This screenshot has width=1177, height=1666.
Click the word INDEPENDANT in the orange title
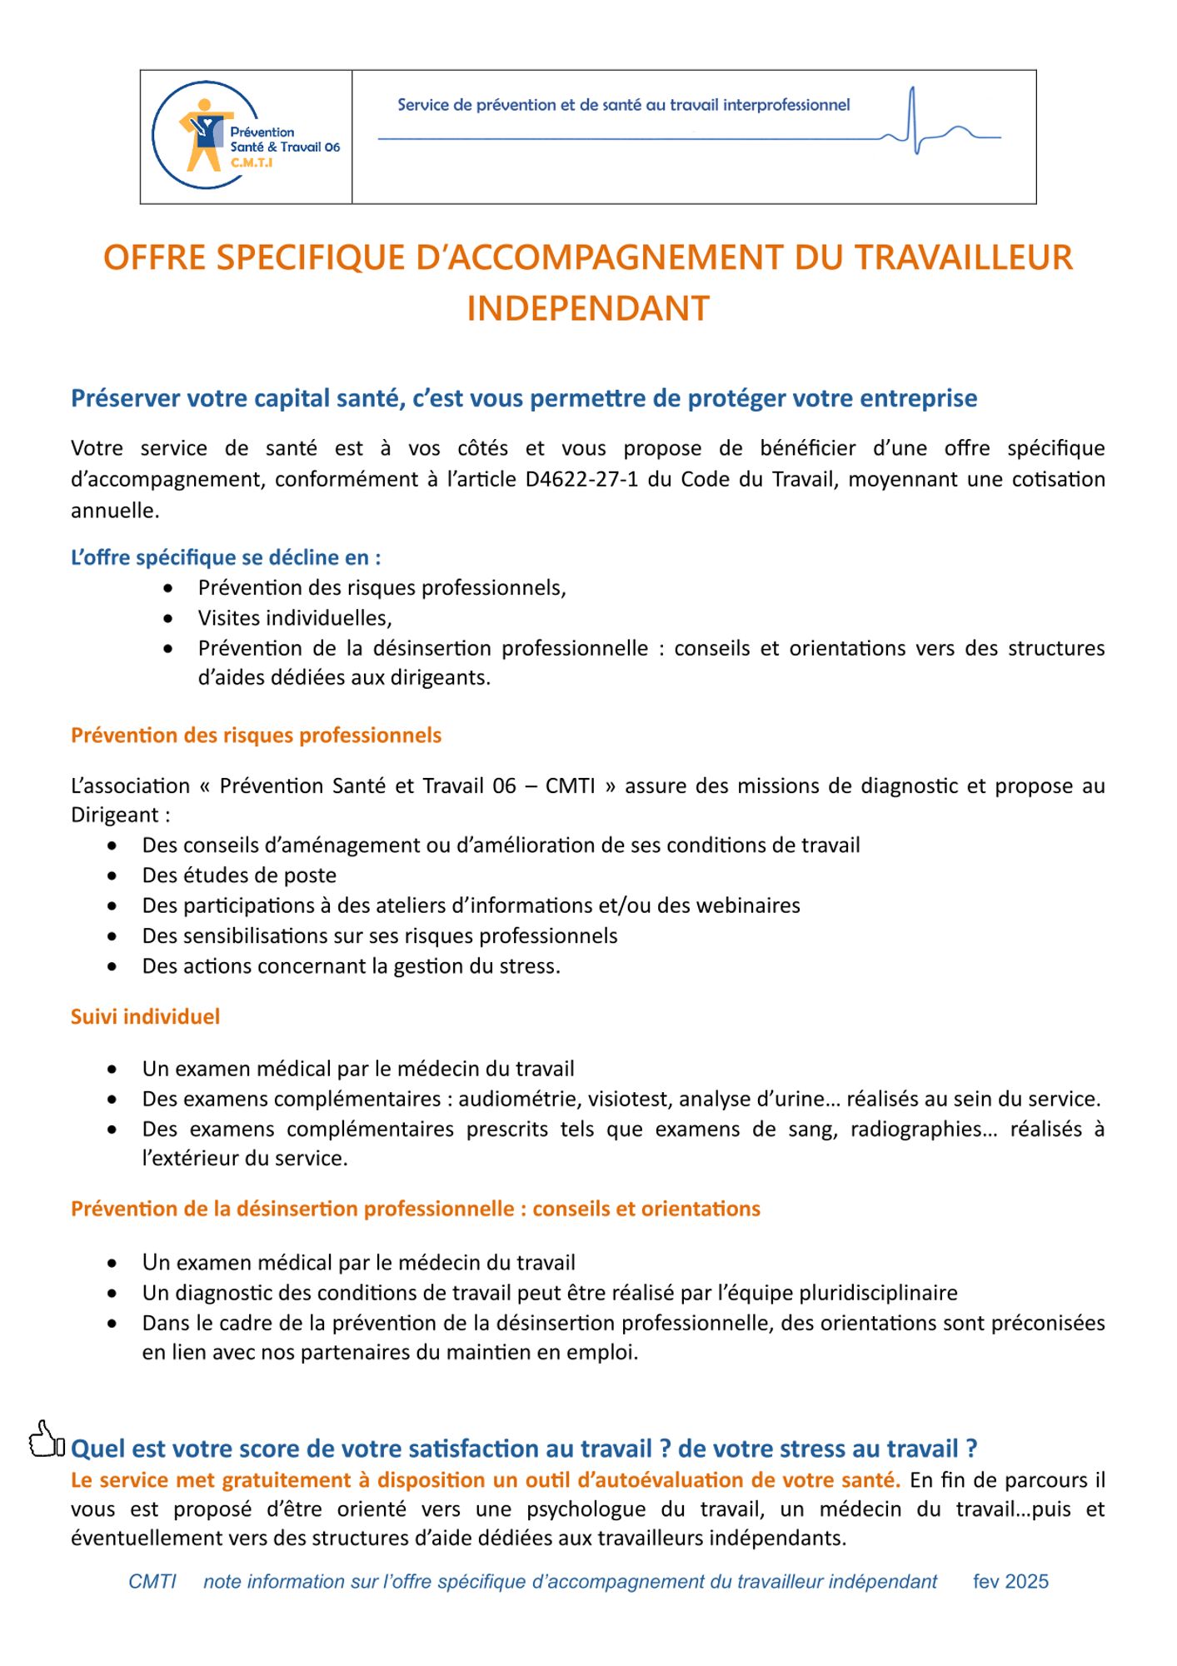pos(587,309)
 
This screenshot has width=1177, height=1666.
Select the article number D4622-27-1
pos(581,480)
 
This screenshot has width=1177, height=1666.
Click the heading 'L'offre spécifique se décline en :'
pos(226,557)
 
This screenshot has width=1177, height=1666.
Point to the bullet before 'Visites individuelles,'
pos(169,619)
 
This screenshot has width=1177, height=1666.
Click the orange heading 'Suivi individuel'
pos(145,1016)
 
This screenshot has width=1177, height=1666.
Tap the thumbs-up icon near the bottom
pos(46,1439)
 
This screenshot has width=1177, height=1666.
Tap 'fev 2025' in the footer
pos(1010,1582)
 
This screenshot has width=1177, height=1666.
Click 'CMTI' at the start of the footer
pos(152,1582)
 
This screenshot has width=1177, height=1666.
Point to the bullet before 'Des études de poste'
pos(112,876)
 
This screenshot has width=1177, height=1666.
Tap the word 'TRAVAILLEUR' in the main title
pos(964,258)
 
